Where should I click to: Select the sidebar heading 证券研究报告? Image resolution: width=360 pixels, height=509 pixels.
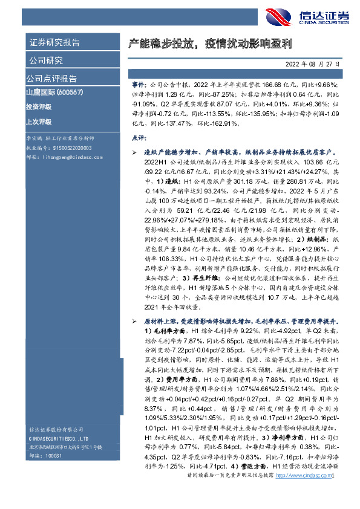click(54, 43)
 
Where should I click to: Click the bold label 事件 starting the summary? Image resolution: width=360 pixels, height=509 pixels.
click(139, 86)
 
